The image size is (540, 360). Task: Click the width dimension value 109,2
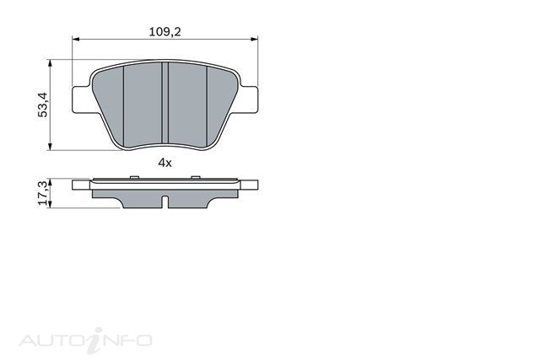[165, 30]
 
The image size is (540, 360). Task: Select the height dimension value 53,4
[41, 105]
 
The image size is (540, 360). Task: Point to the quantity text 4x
[165, 163]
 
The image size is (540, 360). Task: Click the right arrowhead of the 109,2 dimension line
[254, 39]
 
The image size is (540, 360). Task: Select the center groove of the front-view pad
[166, 105]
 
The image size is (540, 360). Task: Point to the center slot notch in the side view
[165, 202]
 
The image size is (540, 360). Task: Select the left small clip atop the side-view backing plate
[134, 176]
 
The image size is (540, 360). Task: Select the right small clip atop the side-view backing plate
[196, 176]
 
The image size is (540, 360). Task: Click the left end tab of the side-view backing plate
[81, 185]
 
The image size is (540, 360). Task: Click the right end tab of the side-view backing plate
[251, 185]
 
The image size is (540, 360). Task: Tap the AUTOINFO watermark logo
[85, 339]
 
